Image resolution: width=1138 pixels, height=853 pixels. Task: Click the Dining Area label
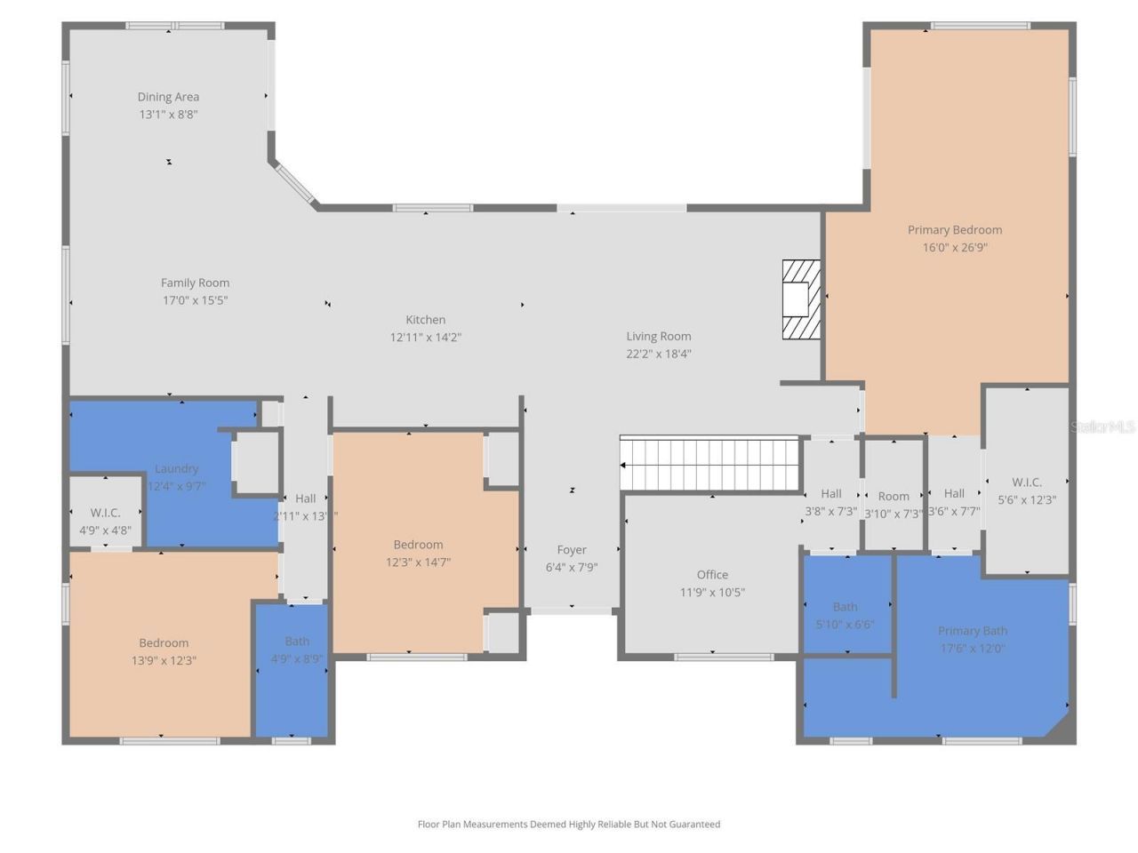(x=168, y=97)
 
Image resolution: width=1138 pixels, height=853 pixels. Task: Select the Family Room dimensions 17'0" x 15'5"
(x=195, y=300)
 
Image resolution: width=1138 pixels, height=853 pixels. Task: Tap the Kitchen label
(x=425, y=320)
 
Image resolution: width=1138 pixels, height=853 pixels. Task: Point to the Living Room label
(x=658, y=336)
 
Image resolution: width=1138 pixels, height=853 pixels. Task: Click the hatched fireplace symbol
(x=800, y=299)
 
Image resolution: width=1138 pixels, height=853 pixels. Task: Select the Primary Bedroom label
(x=954, y=229)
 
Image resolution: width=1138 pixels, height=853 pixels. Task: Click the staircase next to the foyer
(x=711, y=464)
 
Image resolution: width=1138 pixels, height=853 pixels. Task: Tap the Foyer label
(x=572, y=550)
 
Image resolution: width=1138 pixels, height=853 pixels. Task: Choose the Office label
(x=712, y=575)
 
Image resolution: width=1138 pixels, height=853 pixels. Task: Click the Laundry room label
(x=176, y=468)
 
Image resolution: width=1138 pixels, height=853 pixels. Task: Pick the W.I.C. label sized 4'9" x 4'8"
(x=105, y=513)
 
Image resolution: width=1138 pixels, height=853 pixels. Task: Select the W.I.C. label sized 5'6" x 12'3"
(x=1026, y=482)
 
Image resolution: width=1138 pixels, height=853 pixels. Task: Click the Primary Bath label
(x=973, y=631)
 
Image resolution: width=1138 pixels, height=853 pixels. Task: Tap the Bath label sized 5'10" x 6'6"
(x=845, y=607)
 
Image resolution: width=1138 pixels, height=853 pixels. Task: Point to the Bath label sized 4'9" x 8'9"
(x=297, y=642)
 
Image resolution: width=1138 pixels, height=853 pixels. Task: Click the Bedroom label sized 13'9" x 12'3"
(x=164, y=643)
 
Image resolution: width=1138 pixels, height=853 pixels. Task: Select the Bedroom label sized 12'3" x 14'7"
(x=418, y=545)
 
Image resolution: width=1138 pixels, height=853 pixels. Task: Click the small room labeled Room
(x=894, y=497)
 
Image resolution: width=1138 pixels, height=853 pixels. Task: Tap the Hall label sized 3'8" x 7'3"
(x=831, y=494)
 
